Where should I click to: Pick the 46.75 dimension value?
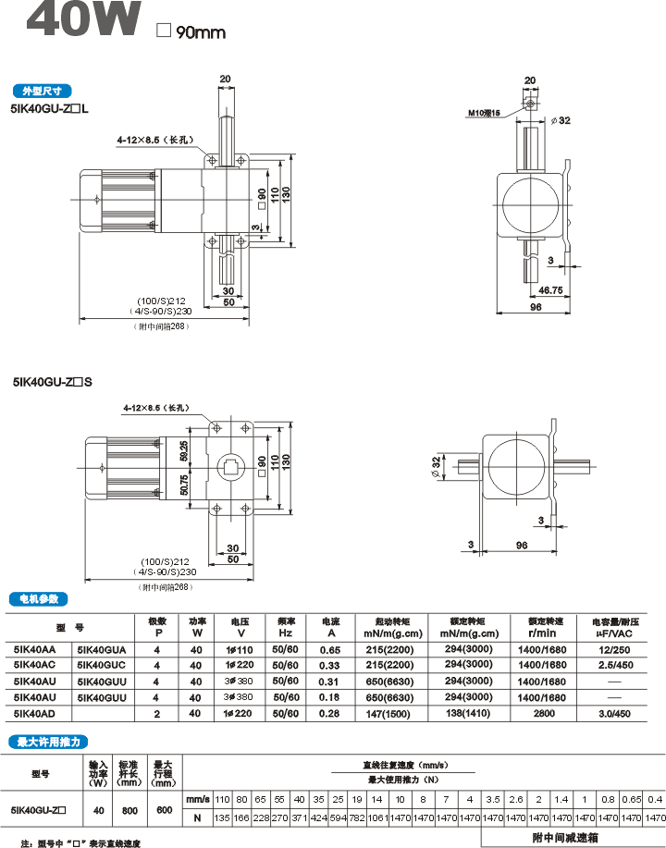point(551,290)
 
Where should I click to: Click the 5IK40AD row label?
point(35,713)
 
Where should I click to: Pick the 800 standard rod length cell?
point(129,810)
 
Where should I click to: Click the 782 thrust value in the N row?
point(357,818)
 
